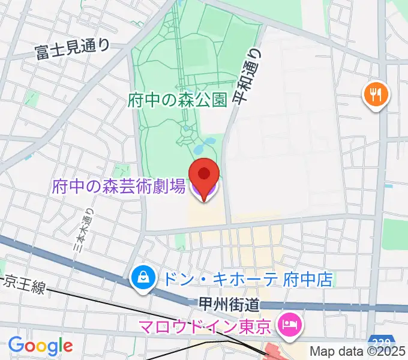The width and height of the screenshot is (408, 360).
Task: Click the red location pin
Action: point(204,175)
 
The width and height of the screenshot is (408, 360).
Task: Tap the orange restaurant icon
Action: point(376,95)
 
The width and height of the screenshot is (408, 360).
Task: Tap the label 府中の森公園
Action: point(178,100)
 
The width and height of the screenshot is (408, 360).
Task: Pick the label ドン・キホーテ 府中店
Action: point(246,279)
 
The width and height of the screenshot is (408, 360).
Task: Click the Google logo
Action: point(40,345)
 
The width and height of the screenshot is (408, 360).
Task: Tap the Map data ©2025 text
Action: point(357,351)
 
